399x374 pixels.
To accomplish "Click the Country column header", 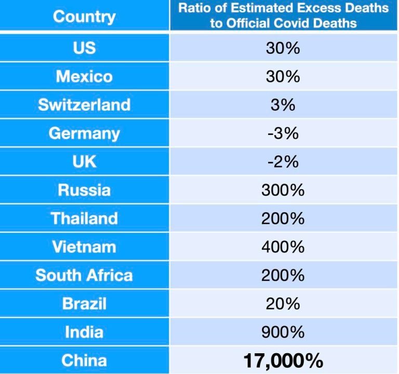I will pyautogui.click(x=84, y=16).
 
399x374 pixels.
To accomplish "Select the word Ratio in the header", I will pyautogui.click(x=193, y=9).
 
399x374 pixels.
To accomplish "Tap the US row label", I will pyautogui.click(x=84, y=48).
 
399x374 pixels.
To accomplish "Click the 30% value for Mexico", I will pyautogui.click(x=283, y=76).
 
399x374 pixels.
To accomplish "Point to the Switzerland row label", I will pyautogui.click(x=84, y=104).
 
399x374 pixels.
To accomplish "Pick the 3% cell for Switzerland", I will pyautogui.click(x=283, y=104).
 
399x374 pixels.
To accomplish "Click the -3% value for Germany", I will pyautogui.click(x=283, y=133).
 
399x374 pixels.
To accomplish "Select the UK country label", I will pyautogui.click(x=84, y=161).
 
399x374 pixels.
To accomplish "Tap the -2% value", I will pyautogui.click(x=283, y=162).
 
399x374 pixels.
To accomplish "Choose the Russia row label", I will pyautogui.click(x=84, y=190).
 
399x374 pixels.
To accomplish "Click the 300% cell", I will pyautogui.click(x=283, y=190).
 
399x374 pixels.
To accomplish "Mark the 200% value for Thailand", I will pyautogui.click(x=283, y=218).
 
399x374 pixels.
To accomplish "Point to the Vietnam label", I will pyautogui.click(x=84, y=246).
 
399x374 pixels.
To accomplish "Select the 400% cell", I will pyautogui.click(x=283, y=246).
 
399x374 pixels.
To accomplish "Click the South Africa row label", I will pyautogui.click(x=84, y=275).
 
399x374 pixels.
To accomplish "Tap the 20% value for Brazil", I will pyautogui.click(x=283, y=303).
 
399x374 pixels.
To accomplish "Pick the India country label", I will pyautogui.click(x=84, y=331).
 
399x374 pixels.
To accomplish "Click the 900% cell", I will pyautogui.click(x=283, y=331).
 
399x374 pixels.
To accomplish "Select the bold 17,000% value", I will pyautogui.click(x=283, y=360).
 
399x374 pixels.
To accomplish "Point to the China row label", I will pyautogui.click(x=84, y=360).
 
